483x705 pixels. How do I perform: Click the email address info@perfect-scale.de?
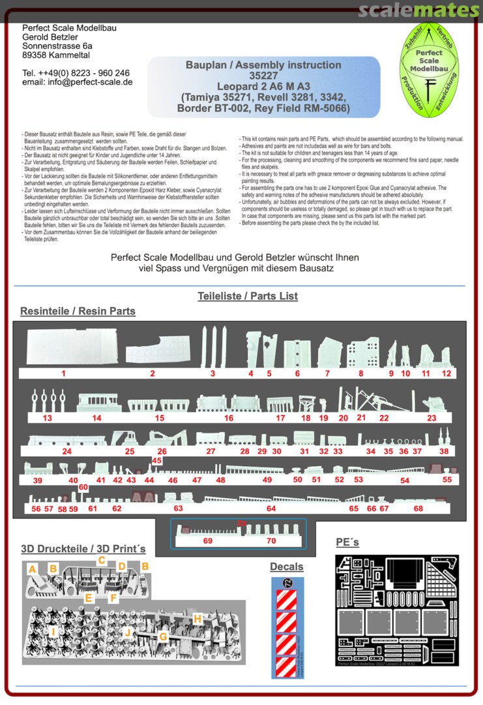pos(77,82)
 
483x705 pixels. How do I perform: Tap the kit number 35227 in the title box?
pos(263,76)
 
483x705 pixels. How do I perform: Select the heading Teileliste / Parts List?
pos(248,296)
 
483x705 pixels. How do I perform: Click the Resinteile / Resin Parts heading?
pos(78,311)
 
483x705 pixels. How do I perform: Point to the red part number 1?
pos(63,373)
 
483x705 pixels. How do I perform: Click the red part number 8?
pos(360,373)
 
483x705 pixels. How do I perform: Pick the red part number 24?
pos(66,451)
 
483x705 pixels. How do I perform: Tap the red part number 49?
pos(267,480)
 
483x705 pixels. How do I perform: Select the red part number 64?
pos(271,508)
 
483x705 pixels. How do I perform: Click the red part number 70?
pos(271,541)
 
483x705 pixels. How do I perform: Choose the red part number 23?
pos(432,418)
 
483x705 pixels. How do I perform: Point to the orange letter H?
pos(197,618)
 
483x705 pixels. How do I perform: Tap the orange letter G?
pos(164,635)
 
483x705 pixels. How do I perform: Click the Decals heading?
pos(287,566)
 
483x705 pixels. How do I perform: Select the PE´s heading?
pos(347,542)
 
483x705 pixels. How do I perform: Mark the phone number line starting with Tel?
pos(76,72)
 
